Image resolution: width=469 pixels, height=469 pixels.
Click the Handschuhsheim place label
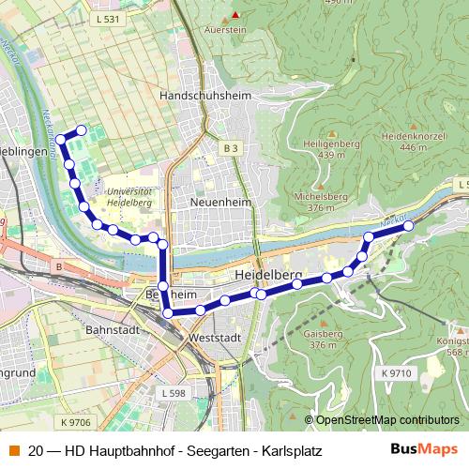(x=203, y=96)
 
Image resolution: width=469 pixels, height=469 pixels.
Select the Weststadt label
(x=215, y=337)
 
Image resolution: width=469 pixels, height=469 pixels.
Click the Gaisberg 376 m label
(x=322, y=340)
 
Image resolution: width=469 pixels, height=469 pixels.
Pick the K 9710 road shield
(x=397, y=373)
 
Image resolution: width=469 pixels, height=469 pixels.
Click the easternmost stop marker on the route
(x=408, y=226)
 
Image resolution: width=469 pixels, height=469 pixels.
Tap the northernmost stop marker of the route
(x=81, y=130)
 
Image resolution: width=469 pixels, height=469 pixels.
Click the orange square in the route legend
(x=12, y=449)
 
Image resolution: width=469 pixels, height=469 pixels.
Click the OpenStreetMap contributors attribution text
(x=388, y=420)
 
